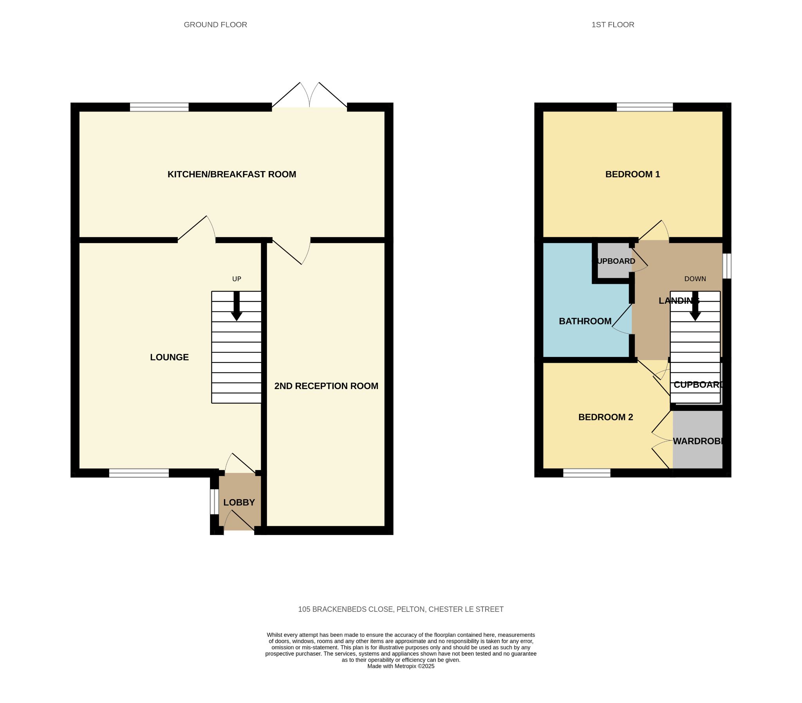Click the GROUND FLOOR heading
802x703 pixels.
tap(215, 25)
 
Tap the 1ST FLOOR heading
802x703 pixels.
tap(613, 25)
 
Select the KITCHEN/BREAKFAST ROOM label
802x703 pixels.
tap(232, 174)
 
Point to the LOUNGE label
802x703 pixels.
tap(170, 357)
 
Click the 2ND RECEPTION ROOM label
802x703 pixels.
tap(326, 386)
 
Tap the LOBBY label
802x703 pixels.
tap(239, 502)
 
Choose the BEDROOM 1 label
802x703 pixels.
tap(632, 174)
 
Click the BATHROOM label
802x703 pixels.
tap(585, 321)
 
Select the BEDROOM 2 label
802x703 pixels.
tap(606, 417)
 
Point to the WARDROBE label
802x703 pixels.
tap(698, 441)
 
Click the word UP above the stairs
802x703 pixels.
tap(237, 279)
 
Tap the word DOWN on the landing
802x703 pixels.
tap(695, 279)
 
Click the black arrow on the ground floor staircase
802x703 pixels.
tap(237, 306)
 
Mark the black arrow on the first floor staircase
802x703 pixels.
tap(695, 306)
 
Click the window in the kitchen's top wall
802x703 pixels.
tap(159, 107)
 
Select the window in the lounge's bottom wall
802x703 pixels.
tap(139, 473)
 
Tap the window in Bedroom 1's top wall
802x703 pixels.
tap(645, 107)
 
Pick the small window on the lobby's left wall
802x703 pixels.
tap(214, 501)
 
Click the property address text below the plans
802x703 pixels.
tap(401, 609)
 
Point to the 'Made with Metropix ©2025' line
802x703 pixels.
tap(401, 666)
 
